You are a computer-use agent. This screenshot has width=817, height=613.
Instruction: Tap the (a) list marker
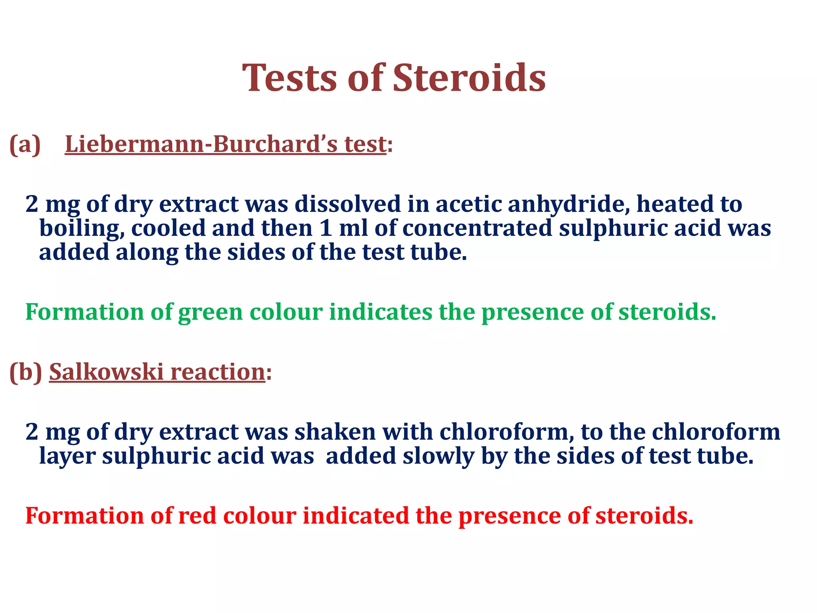[25, 144]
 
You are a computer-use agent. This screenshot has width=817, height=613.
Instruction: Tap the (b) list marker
[26, 372]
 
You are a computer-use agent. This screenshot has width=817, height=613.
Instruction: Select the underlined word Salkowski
[107, 372]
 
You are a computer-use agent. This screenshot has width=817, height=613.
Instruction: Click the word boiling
[82, 229]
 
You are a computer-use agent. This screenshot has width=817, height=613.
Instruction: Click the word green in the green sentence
[210, 312]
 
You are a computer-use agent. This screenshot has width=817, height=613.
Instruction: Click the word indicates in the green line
[381, 312]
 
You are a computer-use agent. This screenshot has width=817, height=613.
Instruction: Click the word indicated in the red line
[356, 516]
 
